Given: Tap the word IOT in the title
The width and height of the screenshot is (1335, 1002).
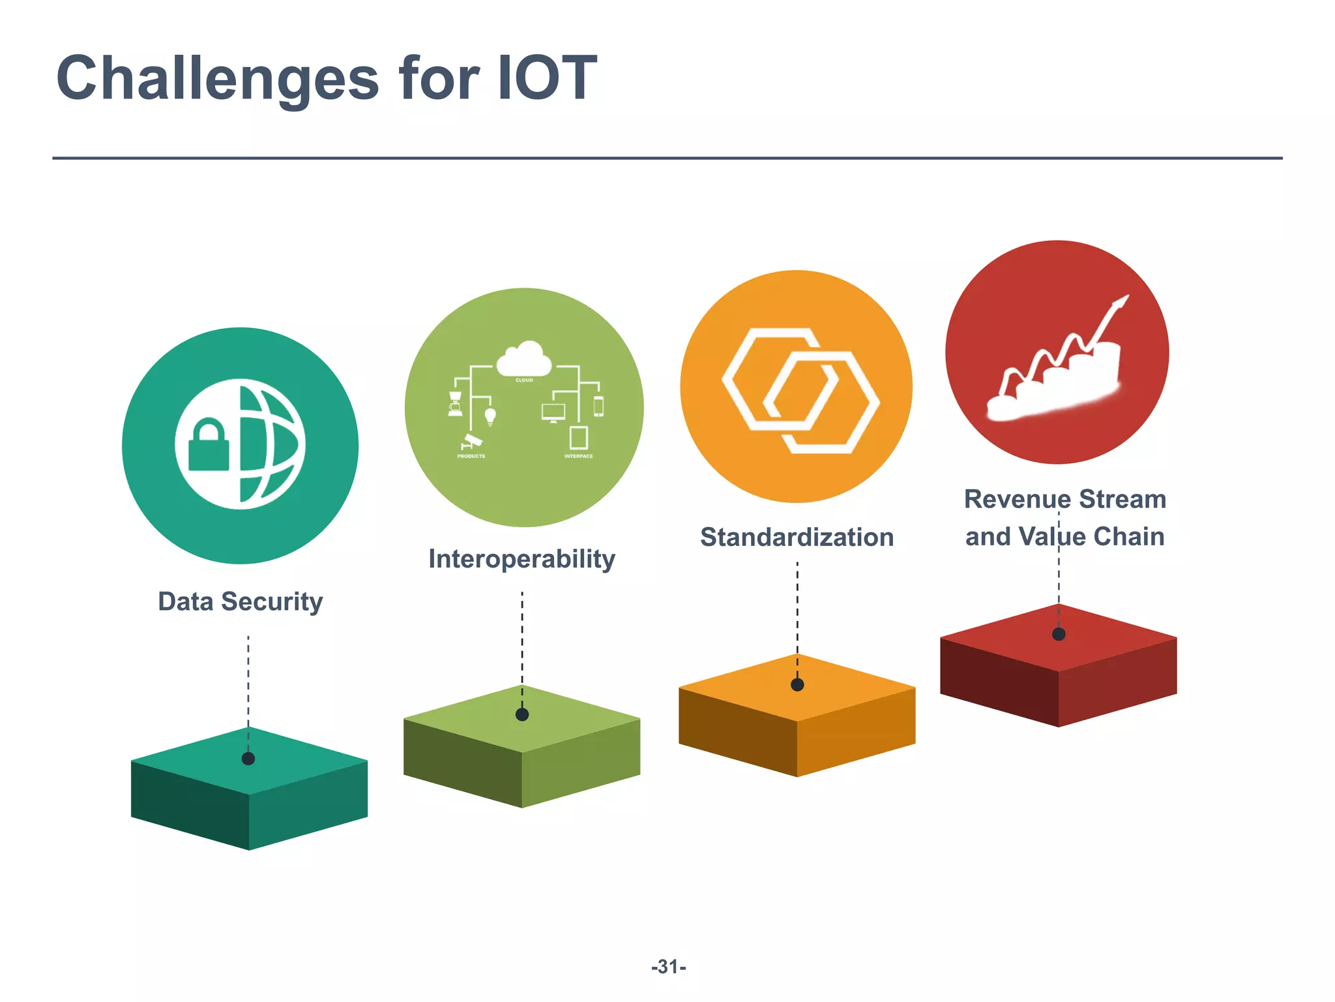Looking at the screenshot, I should (547, 78).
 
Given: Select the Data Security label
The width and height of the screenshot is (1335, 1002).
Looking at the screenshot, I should (241, 601).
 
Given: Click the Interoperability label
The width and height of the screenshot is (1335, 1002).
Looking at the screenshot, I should (521, 559).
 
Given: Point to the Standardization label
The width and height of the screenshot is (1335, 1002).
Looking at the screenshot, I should (797, 538).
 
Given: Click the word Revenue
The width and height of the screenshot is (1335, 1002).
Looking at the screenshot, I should (1018, 500).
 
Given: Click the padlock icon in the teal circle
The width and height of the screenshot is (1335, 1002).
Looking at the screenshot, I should (209, 445).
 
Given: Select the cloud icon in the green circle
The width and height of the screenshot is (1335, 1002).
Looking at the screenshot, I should (523, 359).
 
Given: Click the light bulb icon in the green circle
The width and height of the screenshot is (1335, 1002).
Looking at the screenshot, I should (490, 416).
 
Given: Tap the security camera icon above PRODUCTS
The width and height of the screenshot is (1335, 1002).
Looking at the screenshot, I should (471, 441).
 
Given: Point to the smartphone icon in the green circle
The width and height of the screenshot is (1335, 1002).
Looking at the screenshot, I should (598, 406).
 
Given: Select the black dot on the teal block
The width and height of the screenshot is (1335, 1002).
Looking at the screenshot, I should (248, 759).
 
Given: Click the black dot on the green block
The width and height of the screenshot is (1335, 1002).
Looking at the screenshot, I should (522, 715).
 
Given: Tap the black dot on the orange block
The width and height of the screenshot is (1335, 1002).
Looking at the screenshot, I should (797, 685).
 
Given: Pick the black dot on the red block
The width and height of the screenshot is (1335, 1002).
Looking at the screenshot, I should (1059, 634).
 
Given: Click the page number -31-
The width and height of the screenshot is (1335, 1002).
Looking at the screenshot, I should (668, 967).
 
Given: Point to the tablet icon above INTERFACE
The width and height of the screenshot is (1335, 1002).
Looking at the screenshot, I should (579, 438).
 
